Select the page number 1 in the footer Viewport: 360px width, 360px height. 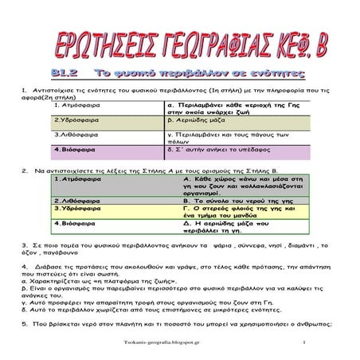point(304,342)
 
